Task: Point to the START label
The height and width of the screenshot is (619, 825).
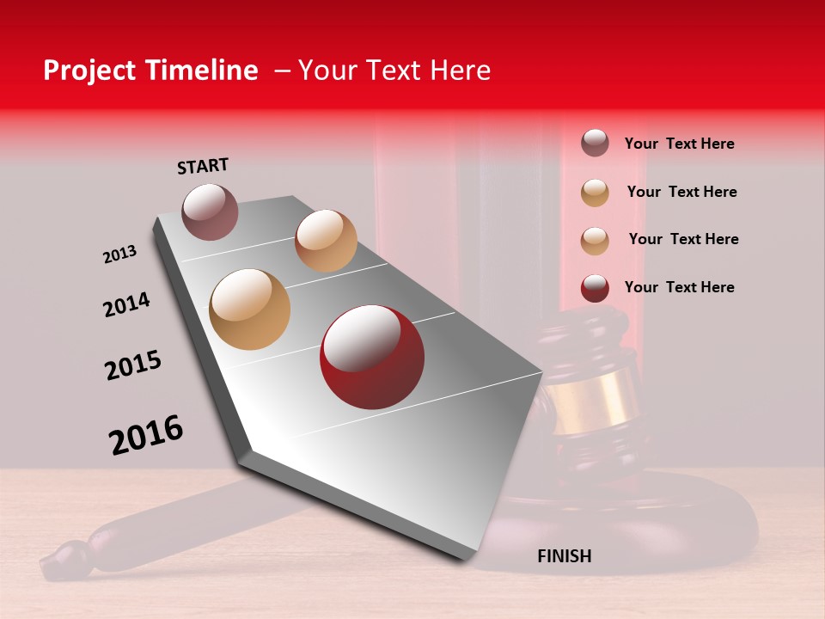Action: (x=203, y=166)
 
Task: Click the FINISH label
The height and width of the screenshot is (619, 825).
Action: (x=564, y=556)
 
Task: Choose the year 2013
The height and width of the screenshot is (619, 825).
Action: (x=119, y=254)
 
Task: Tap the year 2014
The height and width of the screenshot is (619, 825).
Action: (x=126, y=304)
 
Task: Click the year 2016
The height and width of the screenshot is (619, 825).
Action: (x=146, y=435)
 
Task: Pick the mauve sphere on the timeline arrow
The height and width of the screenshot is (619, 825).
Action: (x=210, y=211)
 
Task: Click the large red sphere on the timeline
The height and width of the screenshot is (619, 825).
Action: (x=372, y=356)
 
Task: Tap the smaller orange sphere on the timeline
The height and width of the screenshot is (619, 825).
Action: (x=326, y=241)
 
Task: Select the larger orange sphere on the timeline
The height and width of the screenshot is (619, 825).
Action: (x=249, y=309)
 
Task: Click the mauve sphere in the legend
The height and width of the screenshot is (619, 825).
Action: (x=595, y=144)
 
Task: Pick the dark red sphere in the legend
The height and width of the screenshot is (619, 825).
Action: (x=595, y=288)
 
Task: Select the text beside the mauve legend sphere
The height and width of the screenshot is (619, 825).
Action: (x=679, y=144)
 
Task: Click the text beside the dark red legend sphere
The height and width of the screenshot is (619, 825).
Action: (x=679, y=287)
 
